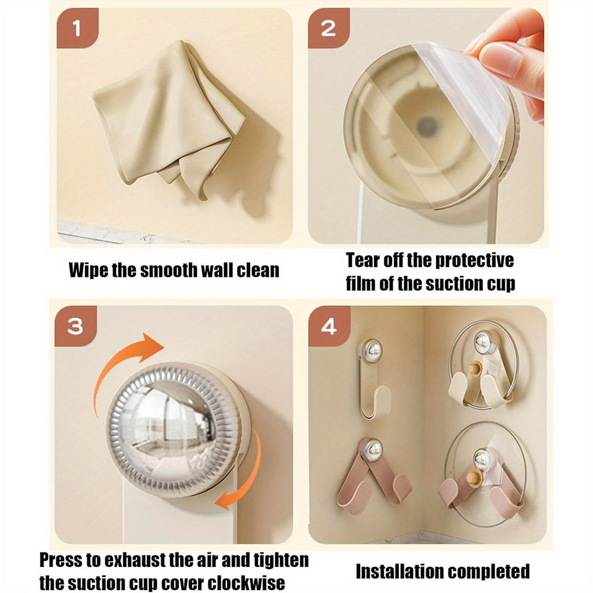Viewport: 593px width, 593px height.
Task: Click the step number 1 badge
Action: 78,28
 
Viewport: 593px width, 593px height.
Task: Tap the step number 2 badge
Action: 329,28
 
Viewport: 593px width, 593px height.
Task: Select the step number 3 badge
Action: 76,326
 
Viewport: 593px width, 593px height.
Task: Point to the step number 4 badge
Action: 329,326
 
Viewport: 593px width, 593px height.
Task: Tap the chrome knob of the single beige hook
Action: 370,349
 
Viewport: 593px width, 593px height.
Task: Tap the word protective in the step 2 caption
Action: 474,260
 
